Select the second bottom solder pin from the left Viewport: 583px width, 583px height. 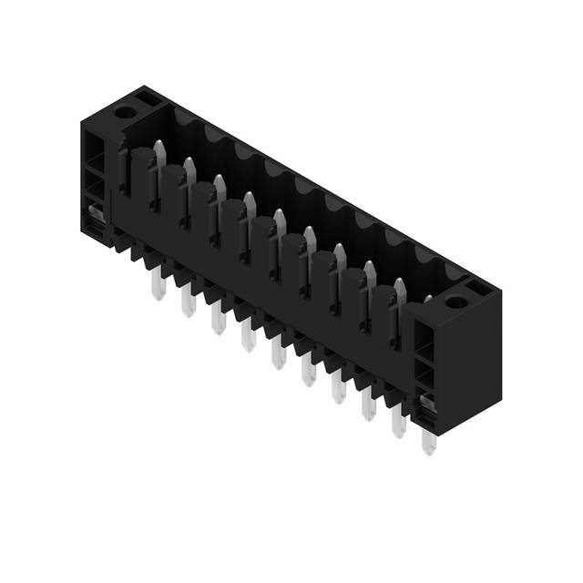click(188, 304)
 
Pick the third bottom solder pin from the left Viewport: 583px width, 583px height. click(218, 322)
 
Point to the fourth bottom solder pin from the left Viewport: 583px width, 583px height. click(248, 340)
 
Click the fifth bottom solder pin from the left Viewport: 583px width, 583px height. click(278, 357)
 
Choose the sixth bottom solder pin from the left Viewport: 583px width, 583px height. click(308, 373)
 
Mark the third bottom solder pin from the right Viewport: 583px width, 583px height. click(368, 408)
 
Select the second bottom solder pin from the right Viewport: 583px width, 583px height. click(398, 424)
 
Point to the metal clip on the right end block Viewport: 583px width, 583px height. click(424, 402)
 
